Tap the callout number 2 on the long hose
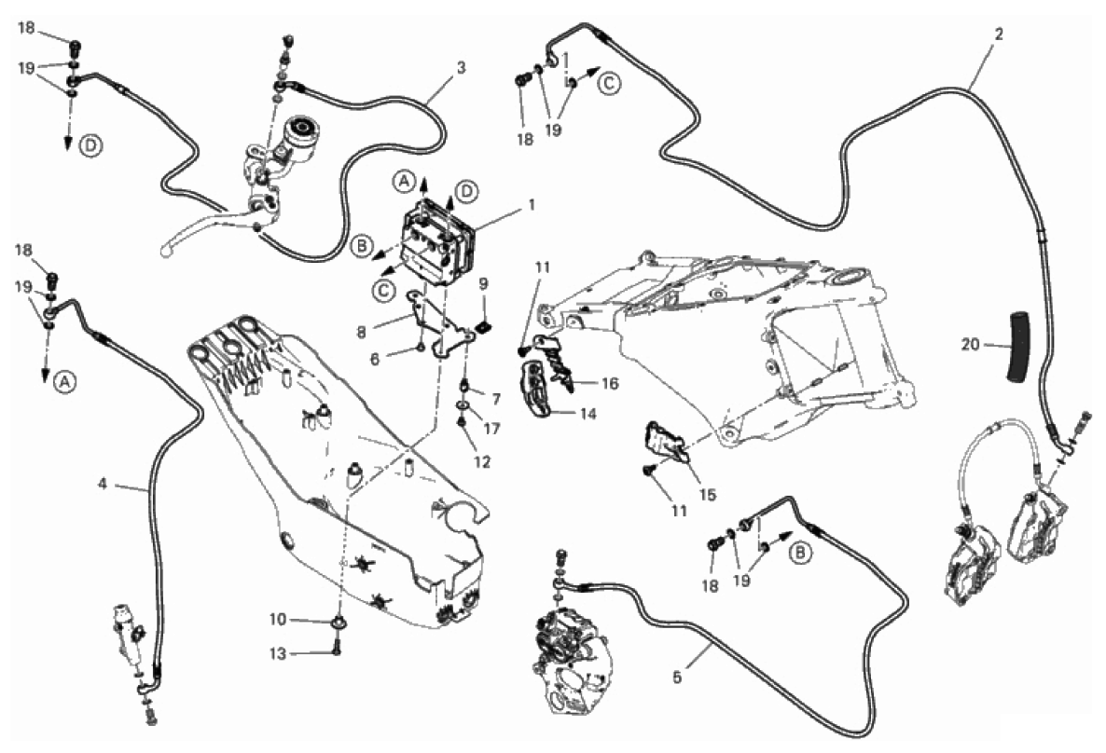[999, 34]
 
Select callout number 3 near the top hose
[461, 68]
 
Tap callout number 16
[610, 383]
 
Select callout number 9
[484, 283]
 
